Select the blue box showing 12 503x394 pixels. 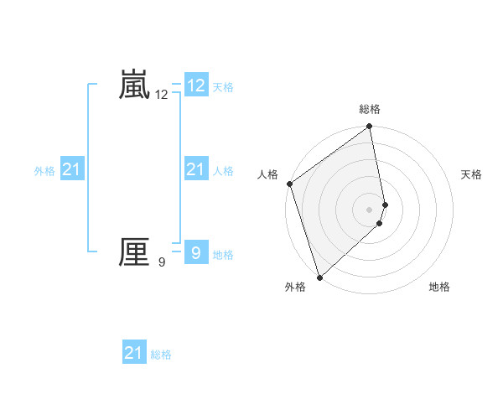(x=196, y=86)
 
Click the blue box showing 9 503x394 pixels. (x=195, y=252)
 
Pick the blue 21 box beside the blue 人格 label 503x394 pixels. (x=195, y=169)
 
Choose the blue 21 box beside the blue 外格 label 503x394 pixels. (x=71, y=170)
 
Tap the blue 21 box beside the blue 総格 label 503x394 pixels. (x=134, y=353)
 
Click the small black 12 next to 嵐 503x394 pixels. (x=162, y=96)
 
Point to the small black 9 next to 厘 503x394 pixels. (x=162, y=262)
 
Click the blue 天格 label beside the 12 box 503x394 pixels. (x=223, y=87)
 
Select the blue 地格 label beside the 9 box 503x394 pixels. (x=223, y=255)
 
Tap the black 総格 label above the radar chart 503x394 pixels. (x=370, y=109)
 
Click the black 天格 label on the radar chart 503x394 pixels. (x=471, y=174)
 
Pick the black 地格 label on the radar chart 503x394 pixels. (x=439, y=287)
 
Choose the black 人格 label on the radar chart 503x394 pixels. (x=267, y=174)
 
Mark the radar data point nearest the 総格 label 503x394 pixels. (x=370, y=127)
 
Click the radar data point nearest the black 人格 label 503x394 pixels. (x=289, y=184)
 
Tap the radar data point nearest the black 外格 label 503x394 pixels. (x=319, y=277)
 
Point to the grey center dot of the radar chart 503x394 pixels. (x=370, y=209)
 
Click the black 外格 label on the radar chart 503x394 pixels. (x=295, y=287)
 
